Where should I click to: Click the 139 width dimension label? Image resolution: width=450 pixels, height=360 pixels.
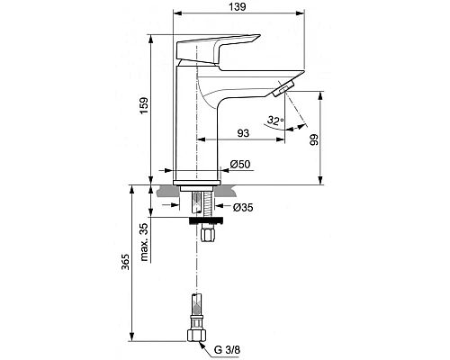[238, 7]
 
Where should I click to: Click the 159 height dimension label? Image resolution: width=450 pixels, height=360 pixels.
[144, 105]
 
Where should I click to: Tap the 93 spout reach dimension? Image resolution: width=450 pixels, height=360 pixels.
[243, 133]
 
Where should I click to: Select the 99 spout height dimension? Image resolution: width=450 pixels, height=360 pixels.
[314, 139]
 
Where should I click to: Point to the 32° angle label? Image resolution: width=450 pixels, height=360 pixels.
[275, 121]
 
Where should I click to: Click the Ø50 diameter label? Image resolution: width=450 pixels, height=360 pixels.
[240, 165]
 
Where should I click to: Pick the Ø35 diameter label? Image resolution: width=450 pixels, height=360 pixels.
[243, 207]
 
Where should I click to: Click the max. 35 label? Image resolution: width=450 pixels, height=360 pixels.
[144, 242]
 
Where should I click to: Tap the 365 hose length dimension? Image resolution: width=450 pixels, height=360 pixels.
[125, 262]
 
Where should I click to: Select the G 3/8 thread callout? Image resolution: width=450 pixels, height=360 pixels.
[227, 350]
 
